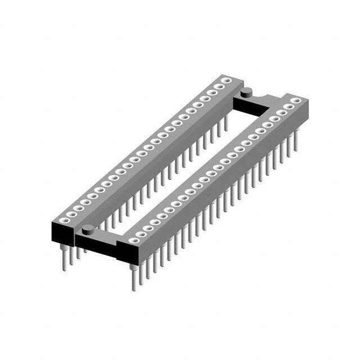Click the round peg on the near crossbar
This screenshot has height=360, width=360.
pyautogui.click(x=88, y=229)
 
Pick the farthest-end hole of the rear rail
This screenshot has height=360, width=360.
pyautogui.click(x=227, y=81)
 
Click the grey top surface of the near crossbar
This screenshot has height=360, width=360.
pyautogui.click(x=101, y=233)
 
